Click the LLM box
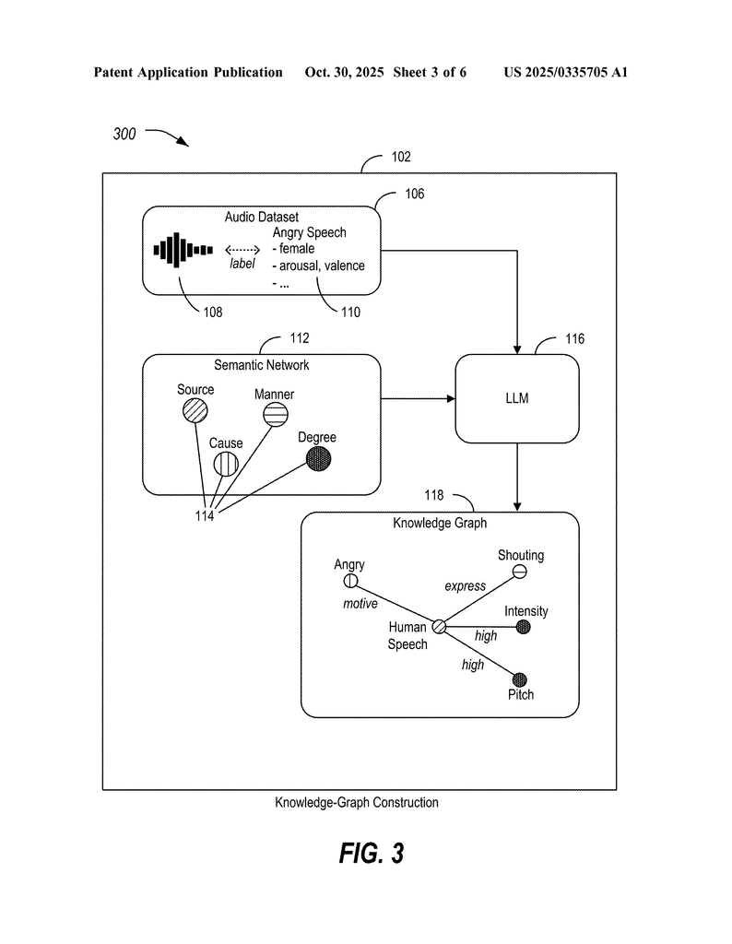pos(517,399)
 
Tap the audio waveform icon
pos(183,250)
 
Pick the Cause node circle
pos(225,465)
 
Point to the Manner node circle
pos(273,417)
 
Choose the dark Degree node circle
pos(319,457)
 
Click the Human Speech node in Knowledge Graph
pos(440,626)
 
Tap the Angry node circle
pos(350,581)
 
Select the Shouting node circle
pos(520,572)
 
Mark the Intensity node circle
pos(523,627)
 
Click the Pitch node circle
pos(519,679)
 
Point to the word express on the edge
pos(465,586)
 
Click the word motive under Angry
pos(360,604)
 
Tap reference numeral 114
pos(204,516)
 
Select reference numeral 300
pos(124,135)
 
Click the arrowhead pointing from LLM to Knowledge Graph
pos(517,506)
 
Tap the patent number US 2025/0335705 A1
pos(565,72)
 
